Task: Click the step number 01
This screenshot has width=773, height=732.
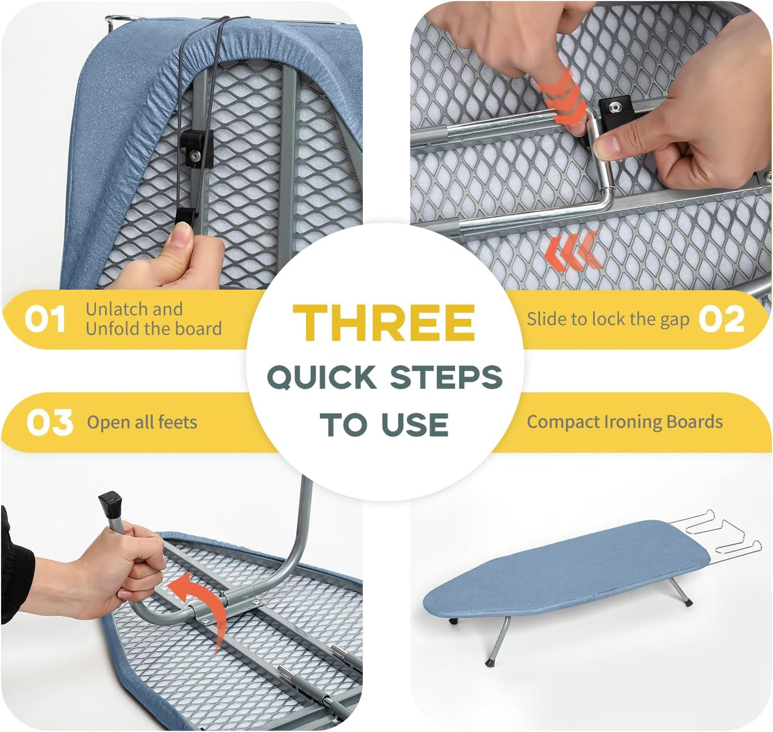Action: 45,319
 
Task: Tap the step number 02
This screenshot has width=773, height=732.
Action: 722,319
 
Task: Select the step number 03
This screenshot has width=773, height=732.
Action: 49,422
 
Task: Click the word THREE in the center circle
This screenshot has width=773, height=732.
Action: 384,323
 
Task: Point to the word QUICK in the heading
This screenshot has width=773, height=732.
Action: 321,377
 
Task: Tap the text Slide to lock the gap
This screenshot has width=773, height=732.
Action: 608,319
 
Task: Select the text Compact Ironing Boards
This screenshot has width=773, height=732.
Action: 624,422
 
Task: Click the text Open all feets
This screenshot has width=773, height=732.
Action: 142,422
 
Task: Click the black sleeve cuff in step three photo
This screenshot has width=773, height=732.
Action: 16,567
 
